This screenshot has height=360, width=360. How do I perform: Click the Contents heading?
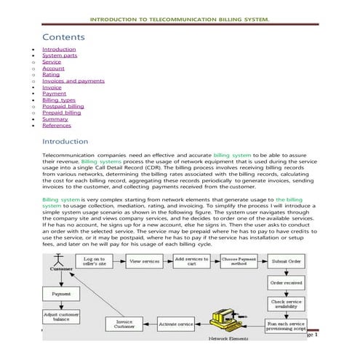point(63,36)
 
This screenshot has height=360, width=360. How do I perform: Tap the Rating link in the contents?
point(51,74)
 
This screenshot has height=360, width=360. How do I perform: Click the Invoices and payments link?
point(73,81)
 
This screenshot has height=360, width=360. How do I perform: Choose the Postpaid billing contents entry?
point(63,106)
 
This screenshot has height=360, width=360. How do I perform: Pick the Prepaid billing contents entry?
point(62,113)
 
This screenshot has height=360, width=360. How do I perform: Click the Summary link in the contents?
point(55,119)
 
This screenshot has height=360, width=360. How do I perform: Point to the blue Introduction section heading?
point(65,141)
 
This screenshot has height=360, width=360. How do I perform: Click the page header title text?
point(180,19)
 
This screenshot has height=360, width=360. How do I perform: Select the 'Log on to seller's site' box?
point(94,260)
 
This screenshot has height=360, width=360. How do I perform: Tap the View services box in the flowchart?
point(144,260)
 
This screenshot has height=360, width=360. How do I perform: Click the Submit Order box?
point(287,260)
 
